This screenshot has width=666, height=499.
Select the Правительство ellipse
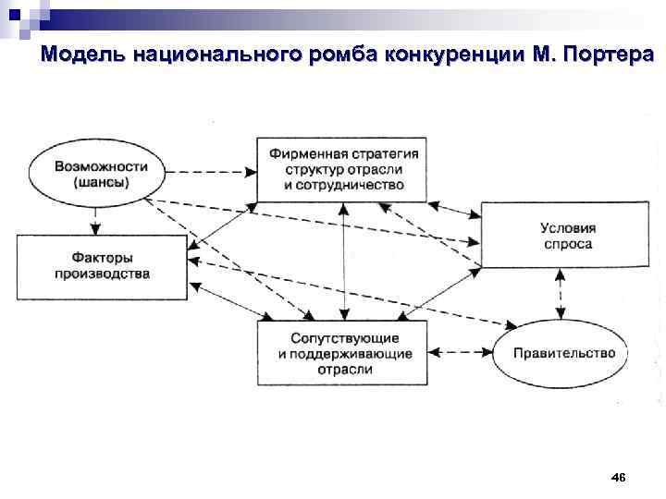coord(563,353)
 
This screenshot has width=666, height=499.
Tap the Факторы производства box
coord(101,265)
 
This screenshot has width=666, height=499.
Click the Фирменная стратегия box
coord(343,169)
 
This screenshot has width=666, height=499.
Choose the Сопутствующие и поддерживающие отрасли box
coord(343,353)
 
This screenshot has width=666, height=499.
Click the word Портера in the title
coord(605,55)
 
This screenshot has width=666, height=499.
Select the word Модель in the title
coord(83,55)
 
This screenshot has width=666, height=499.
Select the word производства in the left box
coord(102,274)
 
